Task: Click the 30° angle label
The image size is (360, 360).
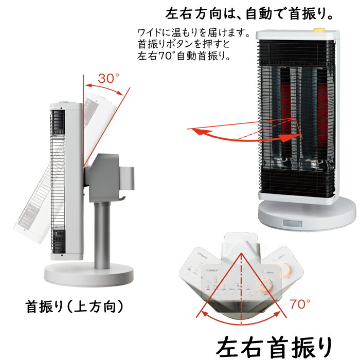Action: (108, 79)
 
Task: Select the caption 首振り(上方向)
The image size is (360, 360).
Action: (75, 307)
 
